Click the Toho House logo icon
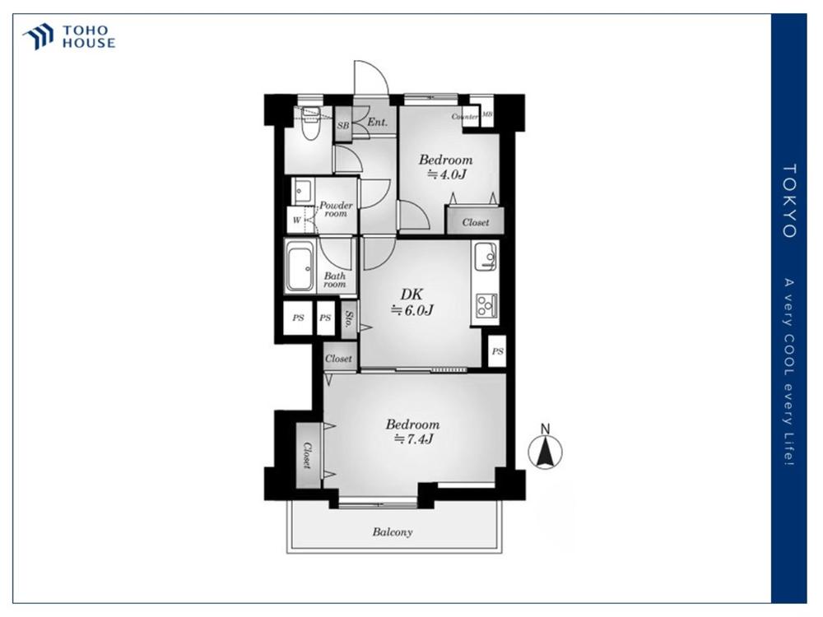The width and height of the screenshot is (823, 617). pos(38,36)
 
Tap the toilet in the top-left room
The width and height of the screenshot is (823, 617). pos(311,124)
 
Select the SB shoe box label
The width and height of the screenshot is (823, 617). pos(342,125)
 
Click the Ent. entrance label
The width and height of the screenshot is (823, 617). pos(377,123)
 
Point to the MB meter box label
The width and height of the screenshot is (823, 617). pos(487,114)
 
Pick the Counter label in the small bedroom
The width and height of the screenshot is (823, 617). pos(465,117)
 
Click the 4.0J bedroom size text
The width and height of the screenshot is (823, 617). pos(447,174)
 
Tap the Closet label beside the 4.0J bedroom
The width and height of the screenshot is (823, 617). pos(476,222)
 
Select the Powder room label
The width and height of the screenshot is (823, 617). pos(336,209)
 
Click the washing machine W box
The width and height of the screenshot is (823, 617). pos(297,220)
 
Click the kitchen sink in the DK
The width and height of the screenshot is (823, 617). pos(485,257)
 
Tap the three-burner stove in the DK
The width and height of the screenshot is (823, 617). pos(486,305)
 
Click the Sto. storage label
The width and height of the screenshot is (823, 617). pos(349,318)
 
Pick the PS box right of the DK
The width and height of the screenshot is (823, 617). pos(497,351)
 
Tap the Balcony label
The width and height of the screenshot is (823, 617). pos(393,532)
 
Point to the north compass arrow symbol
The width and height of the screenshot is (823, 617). pos(546,450)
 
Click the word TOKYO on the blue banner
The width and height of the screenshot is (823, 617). pos(789,201)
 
